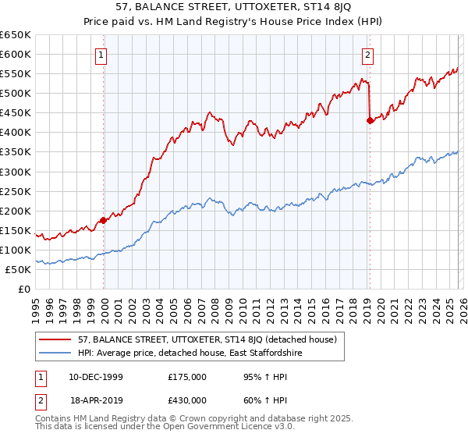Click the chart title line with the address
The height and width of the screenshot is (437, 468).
[x=233, y=9]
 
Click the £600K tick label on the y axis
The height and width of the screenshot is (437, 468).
[x=16, y=55]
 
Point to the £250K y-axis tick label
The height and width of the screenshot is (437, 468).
[x=16, y=191]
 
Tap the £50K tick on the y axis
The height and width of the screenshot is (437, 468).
[x=19, y=269]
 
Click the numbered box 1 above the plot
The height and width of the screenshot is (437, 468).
[x=103, y=55]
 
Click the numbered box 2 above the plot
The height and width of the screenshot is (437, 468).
[x=367, y=55]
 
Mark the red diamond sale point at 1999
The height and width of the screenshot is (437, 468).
[x=104, y=221]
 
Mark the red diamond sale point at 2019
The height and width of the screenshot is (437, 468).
[x=370, y=120]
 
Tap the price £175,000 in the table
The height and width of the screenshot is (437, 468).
[x=187, y=377]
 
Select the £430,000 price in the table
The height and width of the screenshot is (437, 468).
[x=187, y=399]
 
